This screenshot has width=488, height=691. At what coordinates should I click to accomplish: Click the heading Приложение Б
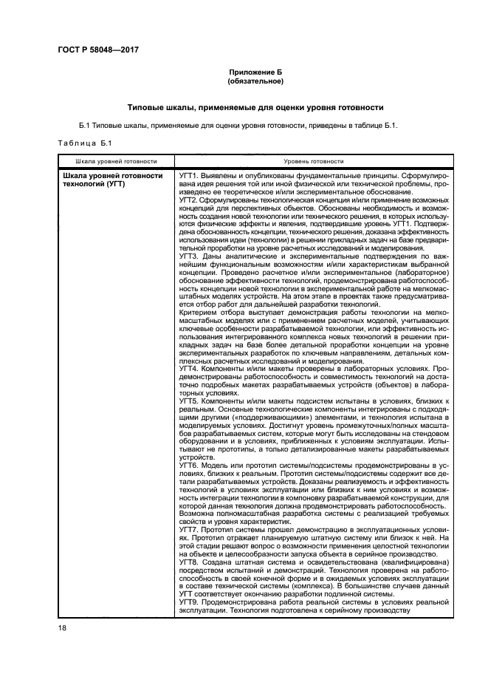click(255, 72)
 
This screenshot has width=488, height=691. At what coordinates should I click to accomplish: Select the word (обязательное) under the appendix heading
click(255, 81)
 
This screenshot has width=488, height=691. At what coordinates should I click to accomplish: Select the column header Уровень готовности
click(313, 160)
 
